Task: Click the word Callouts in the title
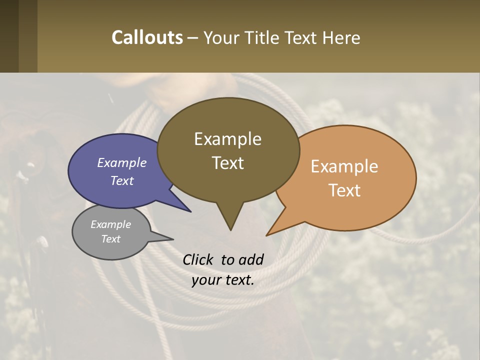coord(147,37)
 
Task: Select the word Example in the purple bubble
coord(121,162)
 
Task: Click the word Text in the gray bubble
coord(111,239)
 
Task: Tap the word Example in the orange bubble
coord(344,166)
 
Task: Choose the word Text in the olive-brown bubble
coord(228,162)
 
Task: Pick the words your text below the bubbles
coord(222,280)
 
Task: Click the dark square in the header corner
coord(9,36)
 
